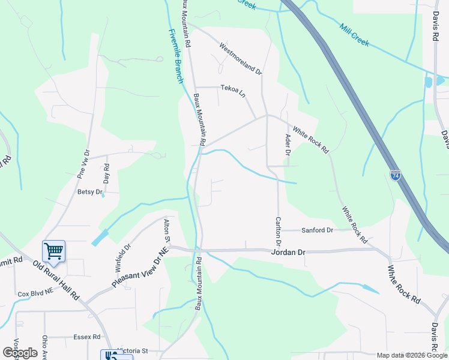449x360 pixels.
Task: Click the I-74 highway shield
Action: pos(395,175)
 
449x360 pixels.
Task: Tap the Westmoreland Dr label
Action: pos(241,58)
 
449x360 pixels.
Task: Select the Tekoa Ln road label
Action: pos(234,91)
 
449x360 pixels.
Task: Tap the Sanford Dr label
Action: pos(317,230)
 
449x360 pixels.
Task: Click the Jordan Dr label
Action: pos(289,253)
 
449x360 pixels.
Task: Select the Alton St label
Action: pos(167,231)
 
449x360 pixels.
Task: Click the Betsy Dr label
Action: pos(91,192)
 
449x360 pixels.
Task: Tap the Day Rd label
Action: pos(106,173)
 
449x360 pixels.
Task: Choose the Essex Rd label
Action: pos(87,337)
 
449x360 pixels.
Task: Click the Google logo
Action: pos(20,353)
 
